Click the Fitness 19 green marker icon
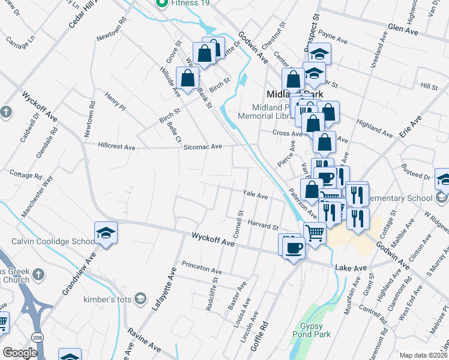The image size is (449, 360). [161, 3]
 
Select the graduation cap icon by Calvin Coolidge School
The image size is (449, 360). [106, 233]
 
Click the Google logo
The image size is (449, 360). [20, 353]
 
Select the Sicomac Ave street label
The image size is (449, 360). [203, 146]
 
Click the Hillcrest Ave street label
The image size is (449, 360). [117, 146]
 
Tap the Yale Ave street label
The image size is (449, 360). [255, 196]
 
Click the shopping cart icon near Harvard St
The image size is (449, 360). [315, 232]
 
